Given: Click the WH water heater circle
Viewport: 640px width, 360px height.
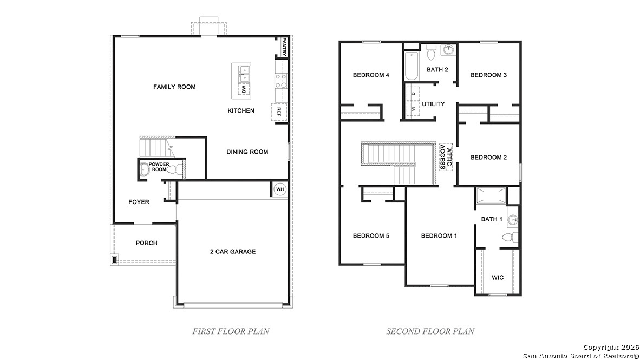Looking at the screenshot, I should pos(279,189).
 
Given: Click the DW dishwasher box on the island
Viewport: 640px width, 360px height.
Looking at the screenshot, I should pos(244,89).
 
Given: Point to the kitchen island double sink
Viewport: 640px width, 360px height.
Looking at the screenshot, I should pos(241,70).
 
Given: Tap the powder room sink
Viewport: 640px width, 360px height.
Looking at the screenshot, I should pos(143,170).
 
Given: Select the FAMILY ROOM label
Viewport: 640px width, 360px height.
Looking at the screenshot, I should pos(174,87).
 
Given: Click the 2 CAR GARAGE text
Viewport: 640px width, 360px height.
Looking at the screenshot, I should pos(233,251).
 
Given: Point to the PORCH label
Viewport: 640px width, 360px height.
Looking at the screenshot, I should pos(146,243).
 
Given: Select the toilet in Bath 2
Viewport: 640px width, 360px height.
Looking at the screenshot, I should pos(431,54).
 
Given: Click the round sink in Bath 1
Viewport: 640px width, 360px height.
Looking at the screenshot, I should pos(512,220).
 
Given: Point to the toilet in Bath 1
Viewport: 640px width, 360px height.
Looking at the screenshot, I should pos(510,237).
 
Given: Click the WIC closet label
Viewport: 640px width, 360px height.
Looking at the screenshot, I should pos(498,277).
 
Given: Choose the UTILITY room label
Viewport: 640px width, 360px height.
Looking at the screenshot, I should pos(433,104).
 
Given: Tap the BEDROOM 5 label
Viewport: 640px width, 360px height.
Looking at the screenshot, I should pos(371,235).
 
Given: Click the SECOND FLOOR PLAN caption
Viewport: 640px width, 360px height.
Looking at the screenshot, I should pos(430,331).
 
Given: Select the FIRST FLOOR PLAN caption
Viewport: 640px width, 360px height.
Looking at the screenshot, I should pos(231,331).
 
